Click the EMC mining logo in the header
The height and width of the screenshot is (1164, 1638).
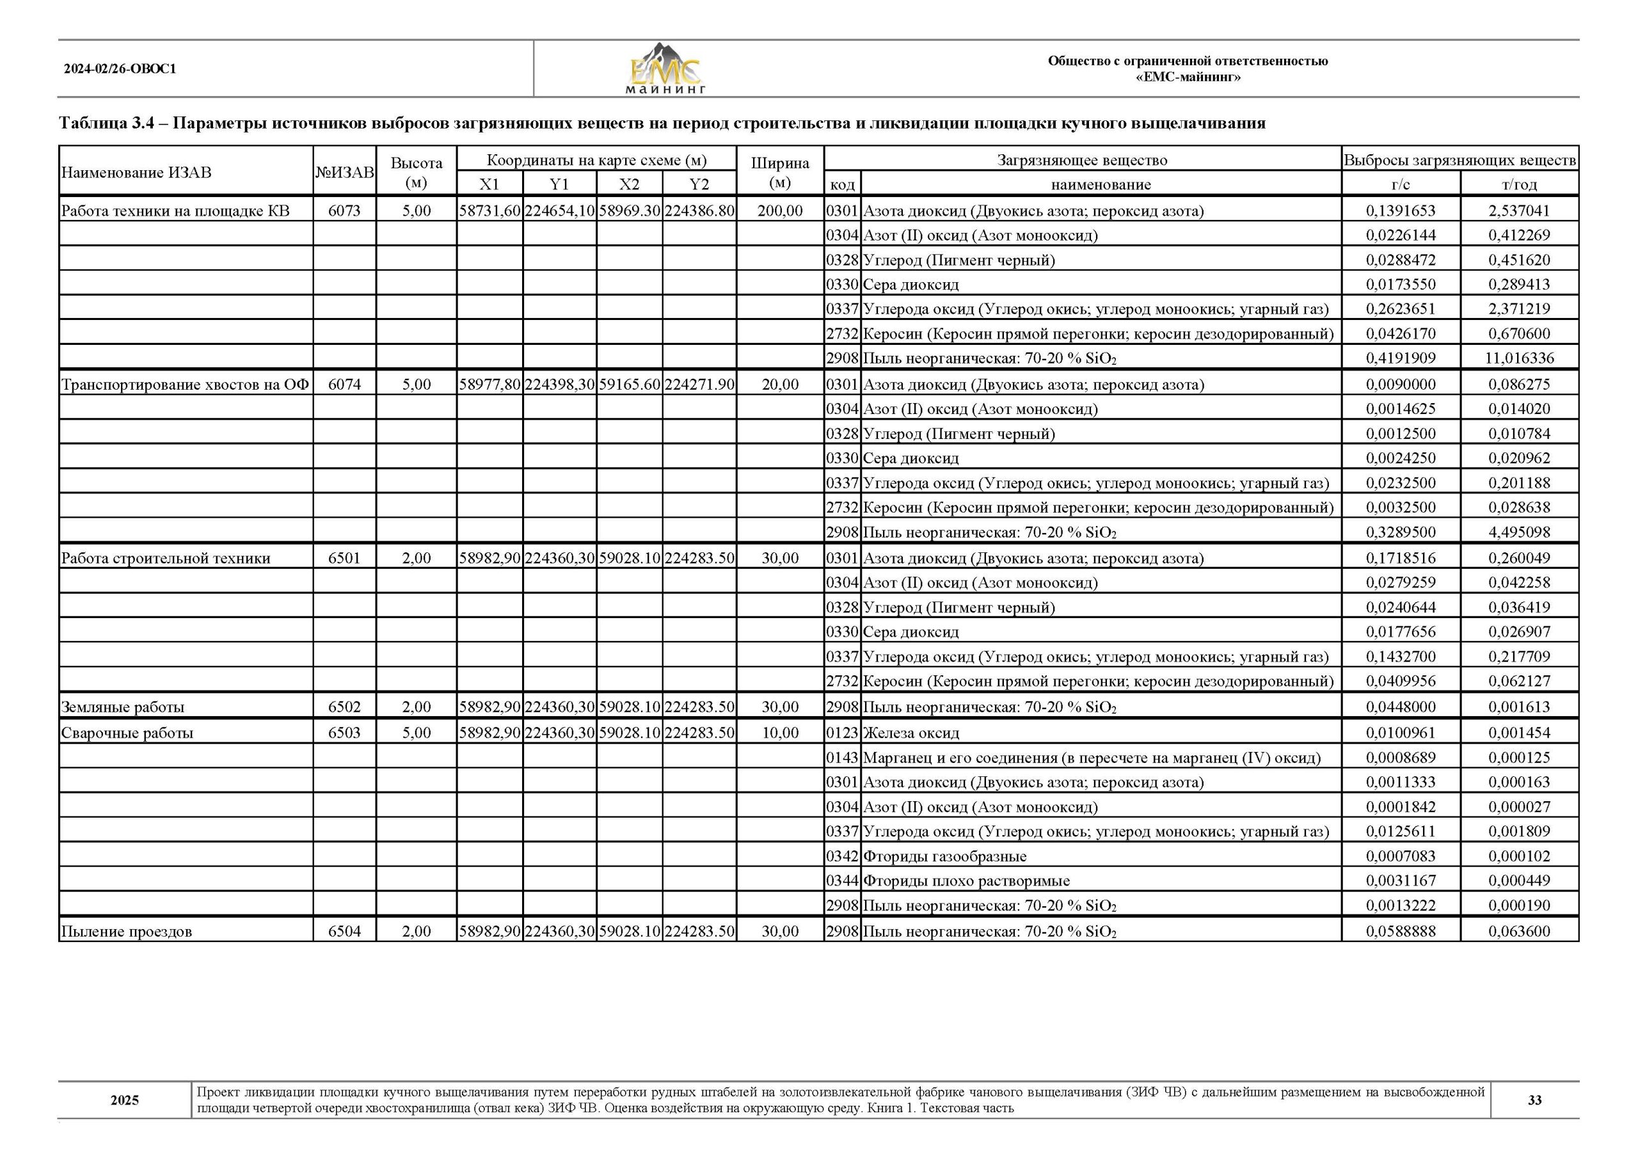click(x=665, y=70)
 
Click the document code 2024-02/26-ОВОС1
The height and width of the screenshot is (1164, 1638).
click(x=120, y=70)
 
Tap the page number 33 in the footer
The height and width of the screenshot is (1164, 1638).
click(x=1534, y=1100)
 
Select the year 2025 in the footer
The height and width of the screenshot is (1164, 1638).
click(x=125, y=1100)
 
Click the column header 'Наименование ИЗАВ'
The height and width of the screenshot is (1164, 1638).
click(x=137, y=172)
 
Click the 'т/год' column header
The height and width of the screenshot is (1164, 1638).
click(x=1519, y=184)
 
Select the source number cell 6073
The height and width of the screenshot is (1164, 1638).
click(x=344, y=211)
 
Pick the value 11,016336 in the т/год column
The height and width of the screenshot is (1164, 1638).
click(x=1519, y=358)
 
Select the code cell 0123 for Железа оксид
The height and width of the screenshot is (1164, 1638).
click(x=842, y=733)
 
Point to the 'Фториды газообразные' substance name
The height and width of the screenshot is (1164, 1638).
click(x=944, y=856)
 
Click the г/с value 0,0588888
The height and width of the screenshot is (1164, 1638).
click(x=1401, y=931)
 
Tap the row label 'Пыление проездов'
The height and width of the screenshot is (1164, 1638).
click(x=126, y=932)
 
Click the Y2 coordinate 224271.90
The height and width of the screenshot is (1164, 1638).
click(x=699, y=385)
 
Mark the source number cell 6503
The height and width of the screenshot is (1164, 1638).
click(x=344, y=733)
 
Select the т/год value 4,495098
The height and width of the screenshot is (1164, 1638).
click(x=1519, y=532)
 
